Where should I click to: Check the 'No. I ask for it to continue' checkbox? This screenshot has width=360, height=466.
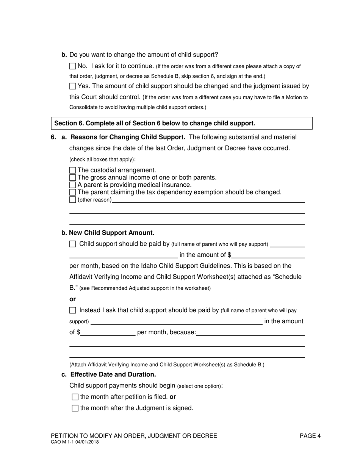coord(73,66)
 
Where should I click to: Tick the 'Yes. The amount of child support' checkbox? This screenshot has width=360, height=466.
coord(73,86)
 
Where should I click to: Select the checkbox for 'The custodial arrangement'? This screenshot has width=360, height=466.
coord(73,170)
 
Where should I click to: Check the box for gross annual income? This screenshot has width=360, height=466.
coord(73,178)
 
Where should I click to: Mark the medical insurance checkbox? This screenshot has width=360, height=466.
coord(73,185)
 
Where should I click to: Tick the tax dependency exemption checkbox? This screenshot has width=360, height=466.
coord(73,192)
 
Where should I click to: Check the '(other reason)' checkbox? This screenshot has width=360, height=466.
coord(73,200)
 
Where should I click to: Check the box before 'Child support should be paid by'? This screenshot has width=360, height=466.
coord(73,244)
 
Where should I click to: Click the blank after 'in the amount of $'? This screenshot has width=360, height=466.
coord(268,255)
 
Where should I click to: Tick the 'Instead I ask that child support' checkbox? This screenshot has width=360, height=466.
coord(73,310)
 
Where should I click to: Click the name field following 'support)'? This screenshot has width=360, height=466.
coord(176,322)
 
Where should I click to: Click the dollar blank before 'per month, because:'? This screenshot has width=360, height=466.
coord(108,333)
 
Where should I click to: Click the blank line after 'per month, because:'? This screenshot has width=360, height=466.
coord(250,333)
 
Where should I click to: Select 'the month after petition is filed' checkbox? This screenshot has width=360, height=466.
coord(75,397)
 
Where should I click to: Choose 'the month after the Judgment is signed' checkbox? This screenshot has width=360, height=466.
coord(75,408)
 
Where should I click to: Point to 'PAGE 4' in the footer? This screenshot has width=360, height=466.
coord(310,436)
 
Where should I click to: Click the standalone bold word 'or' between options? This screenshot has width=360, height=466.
coord(72,299)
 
